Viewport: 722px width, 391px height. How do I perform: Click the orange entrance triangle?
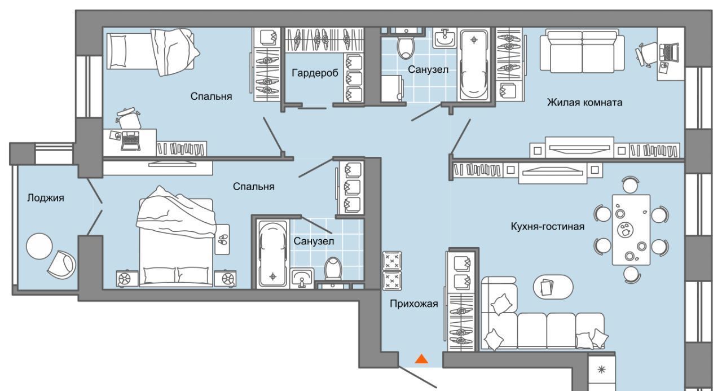[421, 359]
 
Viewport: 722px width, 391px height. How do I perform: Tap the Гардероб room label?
[315, 73]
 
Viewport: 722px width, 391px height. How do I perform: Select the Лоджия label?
[46, 198]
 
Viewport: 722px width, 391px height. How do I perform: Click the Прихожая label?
[414, 304]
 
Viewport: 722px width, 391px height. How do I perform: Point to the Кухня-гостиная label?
[548, 226]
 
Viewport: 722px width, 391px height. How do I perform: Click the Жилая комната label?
[585, 103]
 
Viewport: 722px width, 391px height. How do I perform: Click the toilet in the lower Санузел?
[333, 268]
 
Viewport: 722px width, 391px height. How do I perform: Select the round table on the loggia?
[39, 246]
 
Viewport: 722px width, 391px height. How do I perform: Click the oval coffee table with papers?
[553, 287]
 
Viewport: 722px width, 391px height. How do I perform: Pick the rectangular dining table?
[631, 230]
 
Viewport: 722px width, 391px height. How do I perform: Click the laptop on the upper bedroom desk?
[131, 141]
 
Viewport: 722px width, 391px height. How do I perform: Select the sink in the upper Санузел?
[444, 38]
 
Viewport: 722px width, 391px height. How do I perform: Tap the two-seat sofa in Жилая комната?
[582, 51]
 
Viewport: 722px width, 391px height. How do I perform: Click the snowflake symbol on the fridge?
[601, 370]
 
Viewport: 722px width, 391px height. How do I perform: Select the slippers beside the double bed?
[222, 239]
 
